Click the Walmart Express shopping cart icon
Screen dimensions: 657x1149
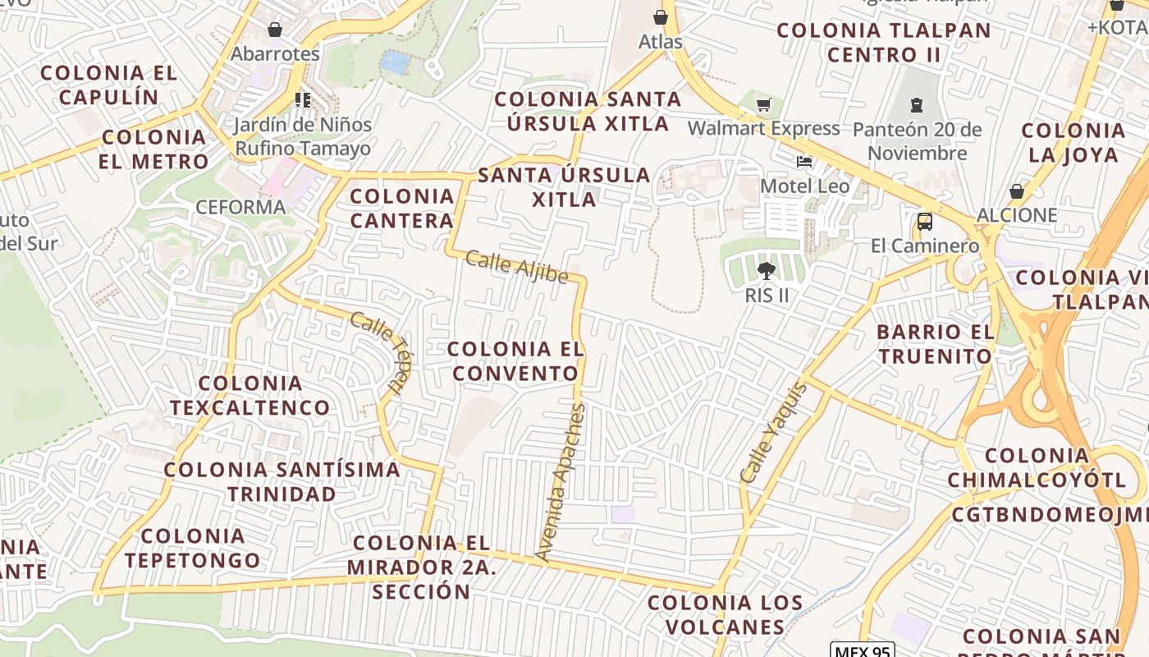(764, 105)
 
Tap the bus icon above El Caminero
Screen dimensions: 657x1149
(924, 222)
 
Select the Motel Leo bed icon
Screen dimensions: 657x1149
(804, 162)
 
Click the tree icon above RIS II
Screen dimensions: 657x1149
(767, 270)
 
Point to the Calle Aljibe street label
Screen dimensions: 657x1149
(516, 269)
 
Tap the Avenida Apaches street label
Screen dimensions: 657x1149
(561, 482)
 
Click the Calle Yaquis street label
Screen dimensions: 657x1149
(773, 433)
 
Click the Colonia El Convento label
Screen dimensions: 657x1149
(516, 361)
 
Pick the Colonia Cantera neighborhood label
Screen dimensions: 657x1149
(402, 208)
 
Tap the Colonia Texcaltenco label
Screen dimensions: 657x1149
(250, 395)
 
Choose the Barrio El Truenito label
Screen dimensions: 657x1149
(935, 344)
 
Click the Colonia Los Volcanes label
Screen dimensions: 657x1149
(725, 614)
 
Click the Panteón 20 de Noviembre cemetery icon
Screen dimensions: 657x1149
(916, 105)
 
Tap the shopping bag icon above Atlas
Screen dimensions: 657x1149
(661, 17)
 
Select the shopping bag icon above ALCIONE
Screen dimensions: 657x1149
(1017, 191)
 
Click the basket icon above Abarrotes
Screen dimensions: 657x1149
(275, 30)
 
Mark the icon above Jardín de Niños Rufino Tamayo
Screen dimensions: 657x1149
(302, 100)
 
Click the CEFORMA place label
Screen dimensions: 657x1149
(240, 207)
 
